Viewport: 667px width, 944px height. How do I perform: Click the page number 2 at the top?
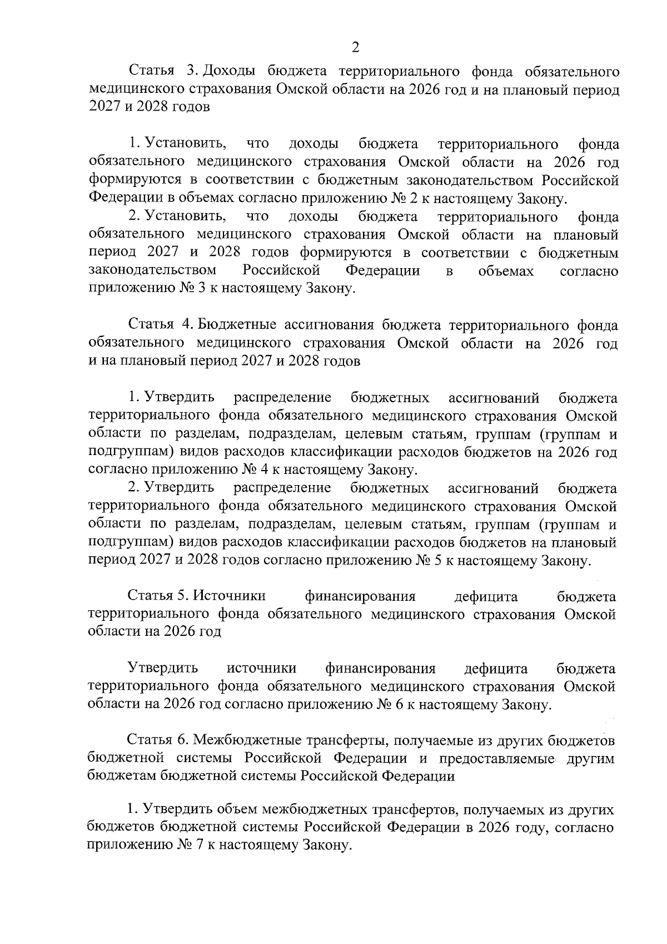(x=356, y=47)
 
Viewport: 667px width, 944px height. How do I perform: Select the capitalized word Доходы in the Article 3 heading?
(x=230, y=71)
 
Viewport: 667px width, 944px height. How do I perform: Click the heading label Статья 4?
(x=161, y=325)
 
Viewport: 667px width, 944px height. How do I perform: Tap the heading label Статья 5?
(x=159, y=596)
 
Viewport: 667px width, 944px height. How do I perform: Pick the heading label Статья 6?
(x=160, y=741)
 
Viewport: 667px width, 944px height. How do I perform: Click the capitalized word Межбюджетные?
(x=245, y=741)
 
